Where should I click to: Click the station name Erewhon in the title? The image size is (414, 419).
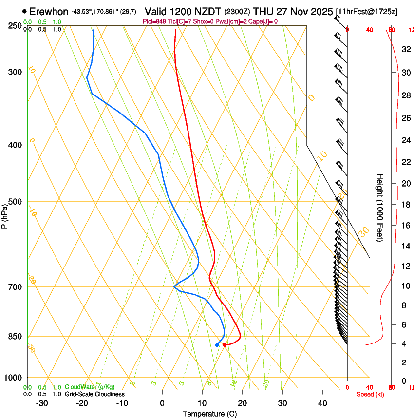49,11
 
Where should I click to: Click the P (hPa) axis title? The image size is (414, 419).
4,214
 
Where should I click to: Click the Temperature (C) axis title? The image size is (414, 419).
209,414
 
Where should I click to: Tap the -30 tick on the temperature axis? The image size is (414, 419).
42,403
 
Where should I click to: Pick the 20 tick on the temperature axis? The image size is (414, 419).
242,403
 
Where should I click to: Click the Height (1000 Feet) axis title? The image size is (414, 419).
380,207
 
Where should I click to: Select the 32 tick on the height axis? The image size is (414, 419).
405,49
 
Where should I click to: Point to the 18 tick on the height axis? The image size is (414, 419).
405,205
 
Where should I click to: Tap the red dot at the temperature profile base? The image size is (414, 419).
224,345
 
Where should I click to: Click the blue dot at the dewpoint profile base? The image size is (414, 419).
217,345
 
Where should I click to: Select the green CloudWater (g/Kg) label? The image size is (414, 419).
90,387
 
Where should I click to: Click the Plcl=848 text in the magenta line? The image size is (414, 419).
154,21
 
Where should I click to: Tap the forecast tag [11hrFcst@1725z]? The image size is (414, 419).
374,11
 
